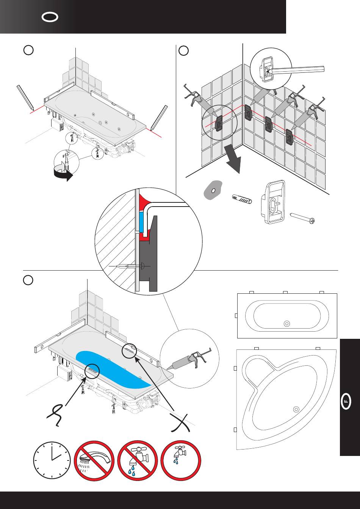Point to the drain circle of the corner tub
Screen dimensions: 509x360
[296, 409]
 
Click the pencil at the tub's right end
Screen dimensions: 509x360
[159, 117]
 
